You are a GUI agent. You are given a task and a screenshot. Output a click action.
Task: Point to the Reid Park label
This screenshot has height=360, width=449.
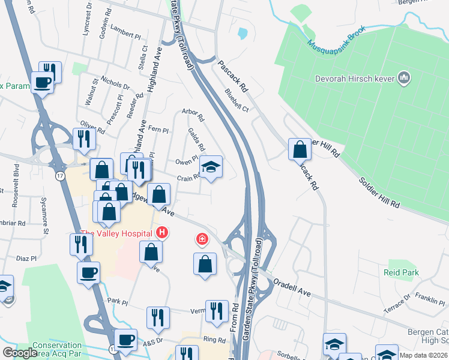point(402,272)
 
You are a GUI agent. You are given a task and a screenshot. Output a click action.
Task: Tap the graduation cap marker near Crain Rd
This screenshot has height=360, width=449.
point(211,167)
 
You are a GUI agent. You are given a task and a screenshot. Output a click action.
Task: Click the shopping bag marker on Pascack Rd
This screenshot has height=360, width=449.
point(300,149)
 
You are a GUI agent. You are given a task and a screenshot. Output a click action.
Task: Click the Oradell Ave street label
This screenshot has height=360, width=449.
point(292,287)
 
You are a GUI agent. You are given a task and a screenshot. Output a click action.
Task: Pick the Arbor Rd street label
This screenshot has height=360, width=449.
point(193,114)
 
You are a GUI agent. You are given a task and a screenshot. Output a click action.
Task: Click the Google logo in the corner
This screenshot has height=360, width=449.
point(20,353)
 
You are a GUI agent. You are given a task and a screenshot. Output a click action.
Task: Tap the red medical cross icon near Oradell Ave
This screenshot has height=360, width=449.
point(202,240)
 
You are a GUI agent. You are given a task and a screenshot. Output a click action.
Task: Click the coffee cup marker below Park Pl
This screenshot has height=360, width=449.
point(126,340)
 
